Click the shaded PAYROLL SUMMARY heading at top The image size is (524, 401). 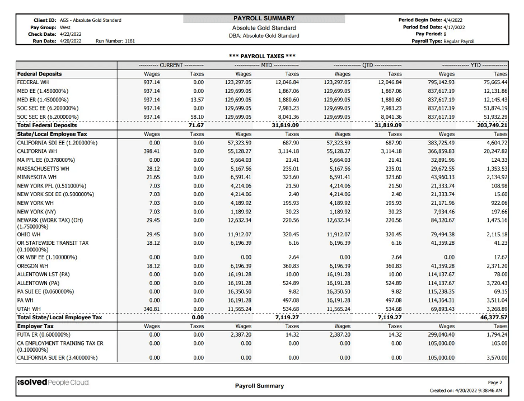(x=263, y=18)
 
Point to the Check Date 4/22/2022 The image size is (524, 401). (x=71, y=34)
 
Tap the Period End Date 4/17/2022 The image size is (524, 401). (x=454, y=27)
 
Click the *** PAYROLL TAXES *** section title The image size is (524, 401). (x=263, y=56)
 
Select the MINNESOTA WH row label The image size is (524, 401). (x=36, y=176)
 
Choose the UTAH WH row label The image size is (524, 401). (x=29, y=309)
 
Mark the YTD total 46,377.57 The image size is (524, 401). (x=493, y=317)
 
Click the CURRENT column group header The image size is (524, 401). (x=171, y=65)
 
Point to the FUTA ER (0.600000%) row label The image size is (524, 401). (x=47, y=334)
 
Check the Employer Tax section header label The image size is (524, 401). (x=35, y=325)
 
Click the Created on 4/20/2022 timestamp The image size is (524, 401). (x=466, y=390)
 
